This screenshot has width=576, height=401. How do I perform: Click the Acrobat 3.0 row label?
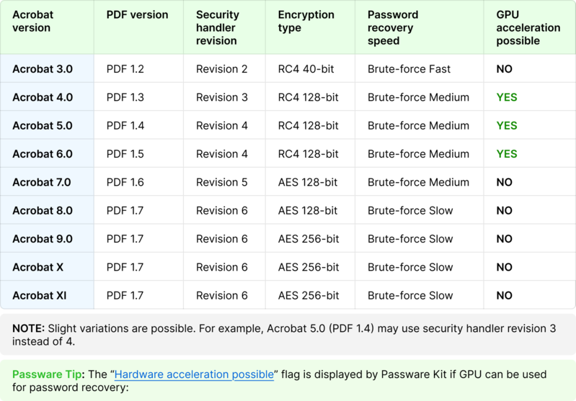click(x=43, y=69)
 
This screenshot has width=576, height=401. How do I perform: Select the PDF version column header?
click(x=137, y=14)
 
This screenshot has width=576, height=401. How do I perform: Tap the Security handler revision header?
click(x=218, y=27)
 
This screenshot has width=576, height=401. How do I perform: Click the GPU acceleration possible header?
click(x=528, y=27)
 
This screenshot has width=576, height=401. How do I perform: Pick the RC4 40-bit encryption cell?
click(x=306, y=69)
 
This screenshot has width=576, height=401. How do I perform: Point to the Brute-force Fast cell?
click(x=409, y=69)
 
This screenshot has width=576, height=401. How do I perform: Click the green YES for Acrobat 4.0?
click(x=507, y=97)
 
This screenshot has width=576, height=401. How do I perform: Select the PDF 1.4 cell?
click(x=125, y=125)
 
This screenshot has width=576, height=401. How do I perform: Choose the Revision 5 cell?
click(x=222, y=182)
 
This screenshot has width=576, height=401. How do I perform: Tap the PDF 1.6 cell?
click(x=125, y=182)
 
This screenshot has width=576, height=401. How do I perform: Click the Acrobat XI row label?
click(x=40, y=295)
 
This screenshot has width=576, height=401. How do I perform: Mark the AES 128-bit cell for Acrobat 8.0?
click(x=308, y=211)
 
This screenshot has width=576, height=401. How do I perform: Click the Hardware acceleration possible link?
click(x=194, y=374)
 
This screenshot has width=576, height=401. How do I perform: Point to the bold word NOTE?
click(x=28, y=328)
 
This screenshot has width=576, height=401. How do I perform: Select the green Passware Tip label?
click(x=47, y=374)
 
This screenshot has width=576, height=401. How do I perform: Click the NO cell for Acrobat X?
click(x=504, y=267)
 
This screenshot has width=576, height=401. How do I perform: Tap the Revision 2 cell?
click(x=221, y=69)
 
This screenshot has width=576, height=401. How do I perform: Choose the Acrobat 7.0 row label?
click(x=42, y=182)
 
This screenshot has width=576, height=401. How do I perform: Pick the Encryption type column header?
click(x=306, y=21)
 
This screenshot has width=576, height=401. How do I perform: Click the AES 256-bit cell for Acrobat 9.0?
click(x=309, y=239)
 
